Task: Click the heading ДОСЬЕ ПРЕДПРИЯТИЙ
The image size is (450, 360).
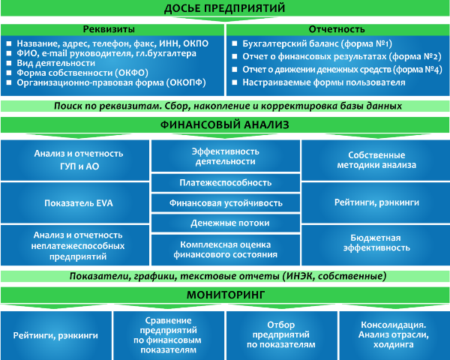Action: (224, 8)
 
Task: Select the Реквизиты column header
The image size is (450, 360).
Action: (109, 29)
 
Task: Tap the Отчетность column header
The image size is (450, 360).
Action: (337, 29)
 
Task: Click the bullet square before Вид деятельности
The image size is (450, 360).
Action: (9, 63)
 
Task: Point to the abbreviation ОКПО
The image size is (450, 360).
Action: (196, 43)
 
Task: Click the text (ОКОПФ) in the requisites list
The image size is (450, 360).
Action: (187, 82)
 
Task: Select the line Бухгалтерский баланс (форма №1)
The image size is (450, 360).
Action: (317, 43)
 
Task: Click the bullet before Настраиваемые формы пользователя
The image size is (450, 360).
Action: (235, 82)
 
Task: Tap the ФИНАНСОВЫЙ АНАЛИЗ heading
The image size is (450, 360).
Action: (225, 125)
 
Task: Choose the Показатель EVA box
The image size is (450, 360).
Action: (75, 203)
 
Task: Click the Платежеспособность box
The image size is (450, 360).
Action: (226, 182)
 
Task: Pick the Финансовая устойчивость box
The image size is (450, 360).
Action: (226, 203)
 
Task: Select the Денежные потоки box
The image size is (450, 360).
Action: (226, 223)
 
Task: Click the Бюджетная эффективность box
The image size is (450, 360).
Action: (376, 245)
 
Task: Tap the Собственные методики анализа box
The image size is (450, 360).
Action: (376, 160)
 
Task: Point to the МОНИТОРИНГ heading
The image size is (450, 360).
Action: (226, 295)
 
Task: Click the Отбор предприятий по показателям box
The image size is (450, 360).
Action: (282, 335)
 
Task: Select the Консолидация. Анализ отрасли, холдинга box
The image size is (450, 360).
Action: (394, 335)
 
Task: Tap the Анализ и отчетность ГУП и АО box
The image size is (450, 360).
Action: (75, 160)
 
